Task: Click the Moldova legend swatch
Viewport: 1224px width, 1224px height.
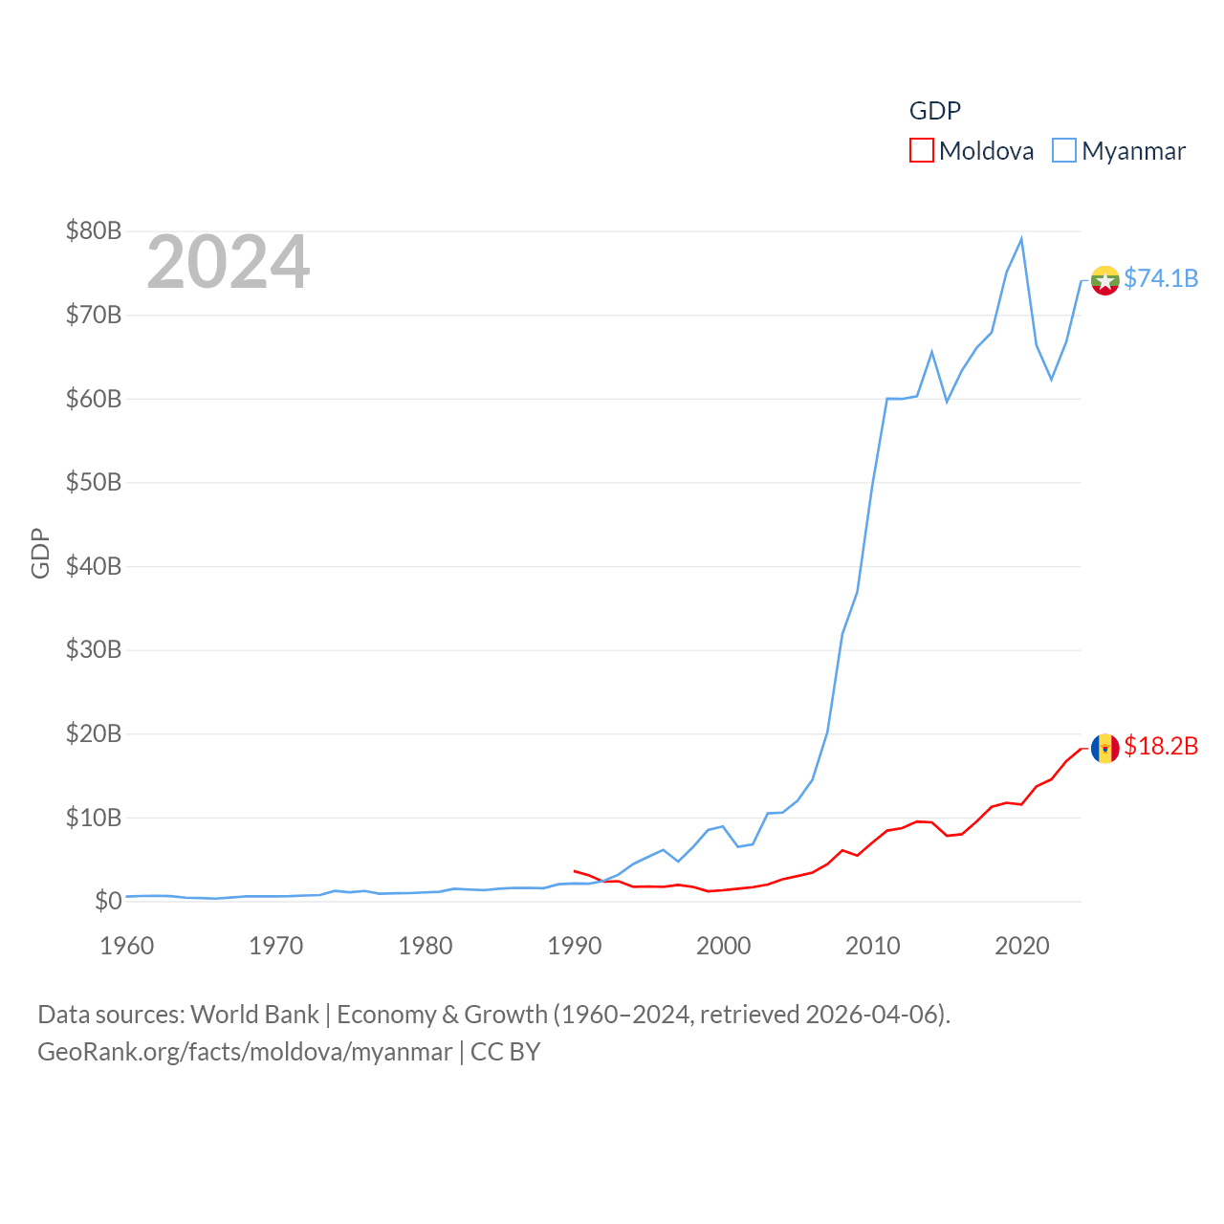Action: tap(921, 150)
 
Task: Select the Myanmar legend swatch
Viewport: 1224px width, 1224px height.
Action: tap(1063, 150)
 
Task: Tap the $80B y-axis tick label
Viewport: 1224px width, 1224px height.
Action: tap(93, 230)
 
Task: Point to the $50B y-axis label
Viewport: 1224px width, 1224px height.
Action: tap(93, 482)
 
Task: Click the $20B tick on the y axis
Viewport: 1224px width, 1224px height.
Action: tap(93, 733)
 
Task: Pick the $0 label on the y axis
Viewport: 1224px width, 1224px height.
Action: tap(108, 901)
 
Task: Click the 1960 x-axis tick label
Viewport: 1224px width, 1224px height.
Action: tap(127, 946)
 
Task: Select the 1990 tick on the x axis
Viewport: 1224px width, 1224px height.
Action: tap(575, 946)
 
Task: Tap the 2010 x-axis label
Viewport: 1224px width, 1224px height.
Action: tap(873, 946)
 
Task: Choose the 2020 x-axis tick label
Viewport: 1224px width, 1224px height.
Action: tap(1022, 946)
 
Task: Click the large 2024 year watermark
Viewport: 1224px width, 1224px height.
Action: tap(228, 261)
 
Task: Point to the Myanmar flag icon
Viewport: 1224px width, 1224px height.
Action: tap(1104, 280)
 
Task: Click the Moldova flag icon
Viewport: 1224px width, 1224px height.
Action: tap(1104, 748)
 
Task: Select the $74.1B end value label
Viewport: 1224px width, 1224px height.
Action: tap(1161, 278)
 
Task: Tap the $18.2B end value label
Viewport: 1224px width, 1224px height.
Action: tap(1161, 746)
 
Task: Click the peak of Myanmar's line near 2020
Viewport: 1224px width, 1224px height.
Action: tap(1021, 239)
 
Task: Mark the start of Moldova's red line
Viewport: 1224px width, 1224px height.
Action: tap(574, 871)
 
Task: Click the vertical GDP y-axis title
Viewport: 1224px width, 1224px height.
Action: tap(40, 553)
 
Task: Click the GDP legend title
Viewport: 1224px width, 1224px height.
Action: tap(934, 111)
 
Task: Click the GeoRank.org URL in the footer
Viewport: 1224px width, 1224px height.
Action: tap(245, 1052)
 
